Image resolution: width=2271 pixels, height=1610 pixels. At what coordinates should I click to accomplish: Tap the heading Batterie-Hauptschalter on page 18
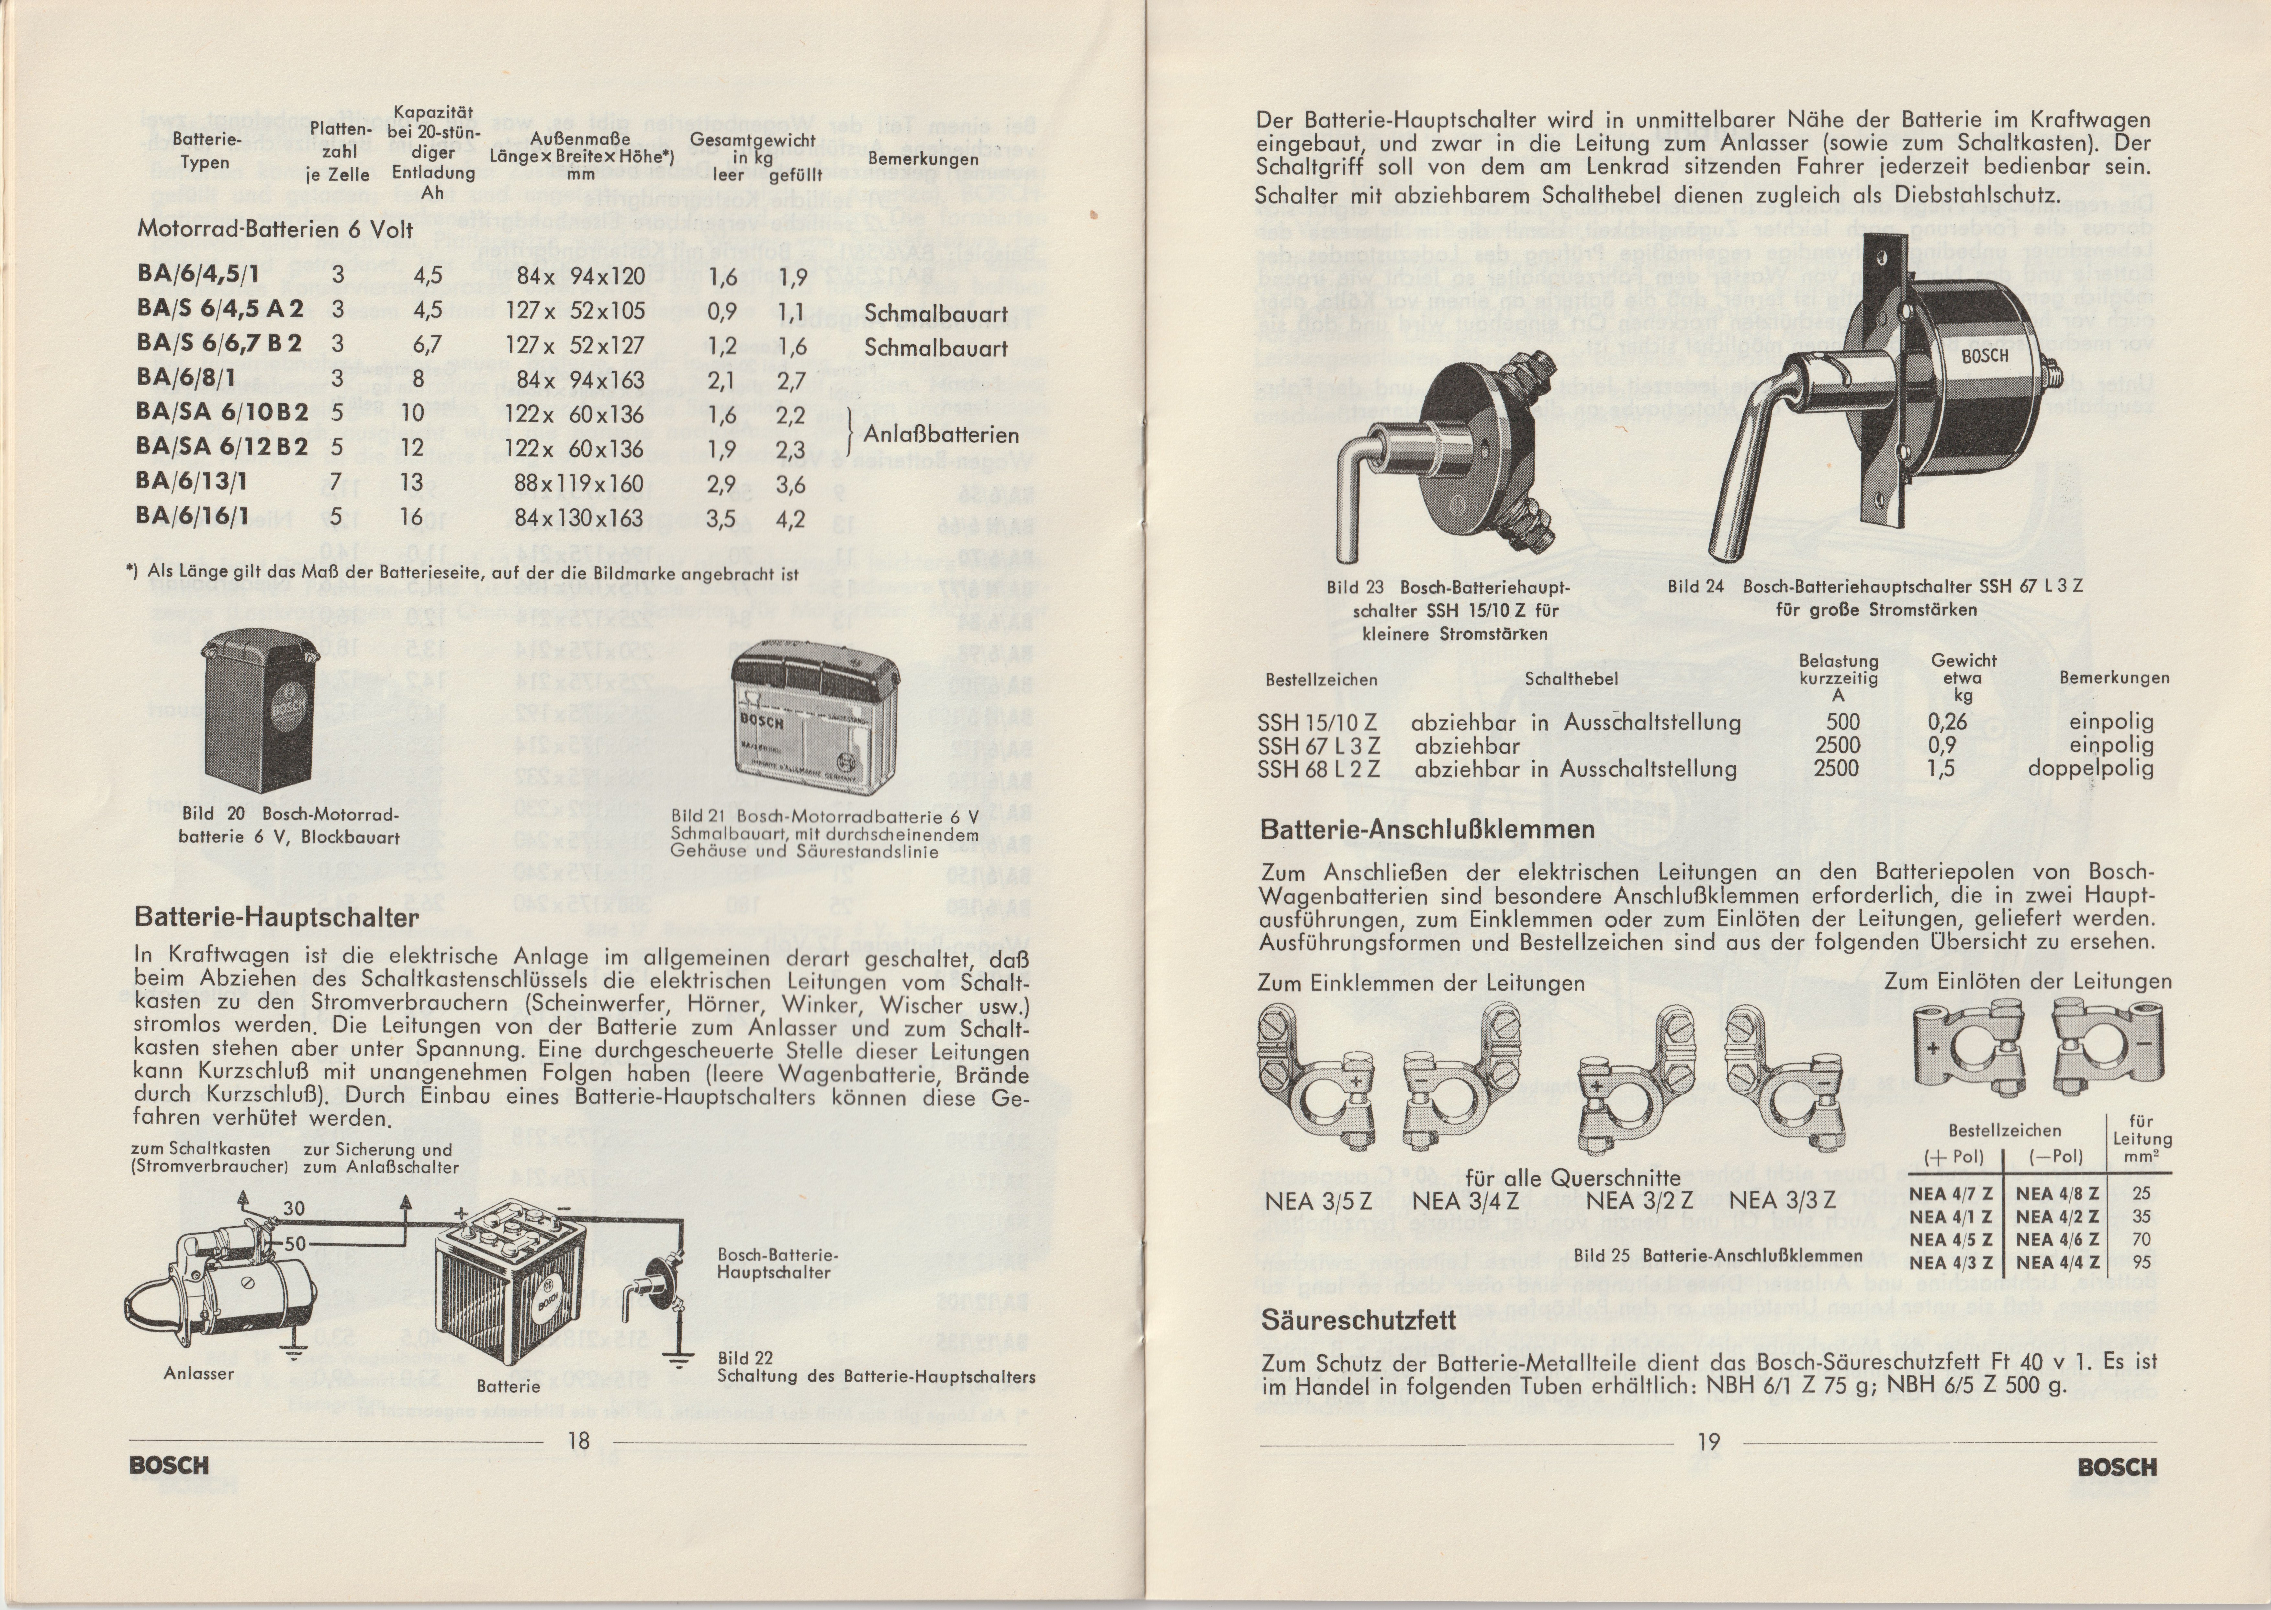276,917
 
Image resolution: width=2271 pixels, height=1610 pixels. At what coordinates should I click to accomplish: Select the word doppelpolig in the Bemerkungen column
2090,768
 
